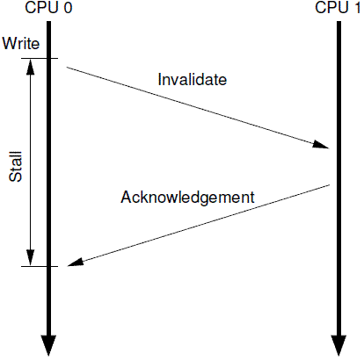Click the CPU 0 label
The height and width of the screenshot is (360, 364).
48,7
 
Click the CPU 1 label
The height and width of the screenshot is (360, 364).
338,7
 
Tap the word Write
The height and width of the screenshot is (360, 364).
21,43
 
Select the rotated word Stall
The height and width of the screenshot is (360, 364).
16,167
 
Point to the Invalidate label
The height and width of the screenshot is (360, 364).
193,79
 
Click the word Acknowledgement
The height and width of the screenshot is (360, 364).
187,197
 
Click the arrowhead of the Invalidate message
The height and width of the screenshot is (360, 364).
322,145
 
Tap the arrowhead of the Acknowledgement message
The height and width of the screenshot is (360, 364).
76,262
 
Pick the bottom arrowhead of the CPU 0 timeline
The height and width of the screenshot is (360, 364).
48,345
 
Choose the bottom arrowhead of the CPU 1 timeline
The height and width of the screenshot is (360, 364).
339,345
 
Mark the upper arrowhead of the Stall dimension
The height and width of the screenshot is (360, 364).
31,67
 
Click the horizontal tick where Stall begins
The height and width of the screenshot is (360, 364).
40,59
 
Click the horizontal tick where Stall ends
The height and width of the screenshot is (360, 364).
40,266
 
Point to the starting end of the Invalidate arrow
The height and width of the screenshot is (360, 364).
67,68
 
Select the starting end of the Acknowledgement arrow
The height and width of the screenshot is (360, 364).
330,185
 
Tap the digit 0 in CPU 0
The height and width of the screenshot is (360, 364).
68,8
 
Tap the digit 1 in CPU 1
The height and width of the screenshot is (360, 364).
357,8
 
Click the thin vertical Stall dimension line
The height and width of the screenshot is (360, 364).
31,162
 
